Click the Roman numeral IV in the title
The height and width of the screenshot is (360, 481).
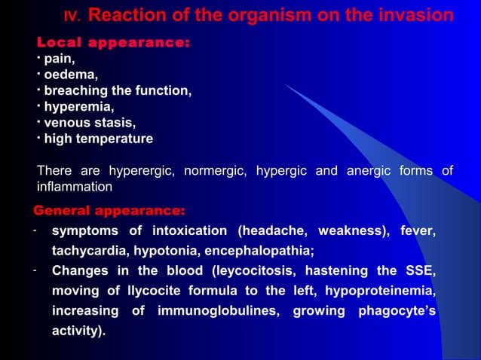(x=72, y=17)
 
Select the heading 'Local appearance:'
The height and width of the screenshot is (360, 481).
(x=113, y=42)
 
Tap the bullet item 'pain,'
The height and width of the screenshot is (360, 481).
(x=59, y=58)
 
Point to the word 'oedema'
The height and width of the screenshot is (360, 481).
(x=70, y=75)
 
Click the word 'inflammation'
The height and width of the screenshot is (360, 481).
(x=75, y=186)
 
